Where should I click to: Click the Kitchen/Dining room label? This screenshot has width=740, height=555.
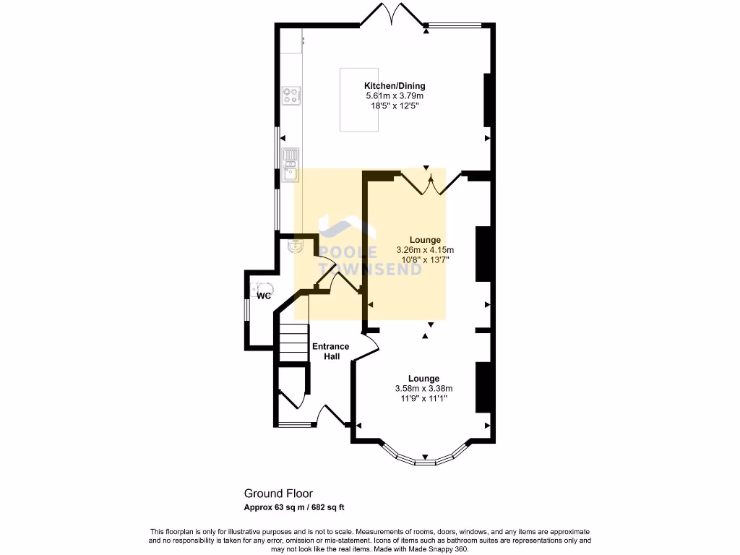point(394,86)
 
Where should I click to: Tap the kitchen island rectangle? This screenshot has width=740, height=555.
point(360,100)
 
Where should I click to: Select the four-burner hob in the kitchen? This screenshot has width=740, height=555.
point(292,95)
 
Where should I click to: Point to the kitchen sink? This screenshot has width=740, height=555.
point(291,164)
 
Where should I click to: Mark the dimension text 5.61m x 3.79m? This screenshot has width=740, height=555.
point(394,96)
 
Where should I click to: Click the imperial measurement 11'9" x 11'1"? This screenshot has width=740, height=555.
point(423,398)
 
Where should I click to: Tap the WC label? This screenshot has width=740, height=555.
point(264,296)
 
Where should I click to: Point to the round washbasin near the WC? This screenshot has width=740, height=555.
point(294,246)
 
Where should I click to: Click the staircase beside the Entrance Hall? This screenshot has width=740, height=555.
point(293,342)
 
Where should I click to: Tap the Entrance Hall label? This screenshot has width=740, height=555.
point(330,351)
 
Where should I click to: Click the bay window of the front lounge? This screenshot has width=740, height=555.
point(425,458)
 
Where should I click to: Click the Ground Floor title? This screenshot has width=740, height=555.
point(278,494)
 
